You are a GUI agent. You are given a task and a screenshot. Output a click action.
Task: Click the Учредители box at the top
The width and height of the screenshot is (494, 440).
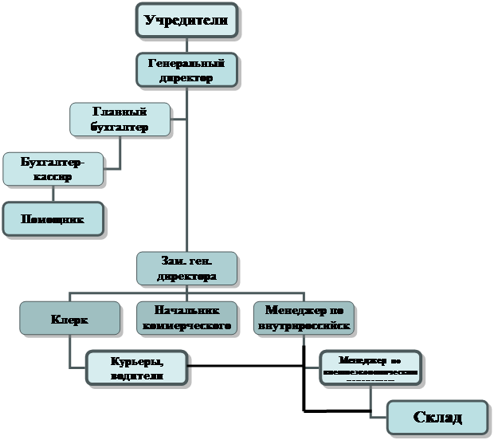click(x=186, y=20)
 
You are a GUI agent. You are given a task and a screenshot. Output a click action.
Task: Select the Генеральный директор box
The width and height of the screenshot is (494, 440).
click(x=186, y=70)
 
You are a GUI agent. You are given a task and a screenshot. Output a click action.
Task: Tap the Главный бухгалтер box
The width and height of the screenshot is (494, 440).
click(x=120, y=119)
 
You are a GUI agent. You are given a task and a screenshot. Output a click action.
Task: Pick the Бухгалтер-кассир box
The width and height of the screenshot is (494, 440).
click(x=53, y=169)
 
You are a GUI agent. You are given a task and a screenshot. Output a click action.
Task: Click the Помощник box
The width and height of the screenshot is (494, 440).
click(x=53, y=218)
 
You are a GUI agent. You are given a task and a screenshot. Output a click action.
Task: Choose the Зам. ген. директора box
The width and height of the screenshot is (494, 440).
click(x=186, y=269)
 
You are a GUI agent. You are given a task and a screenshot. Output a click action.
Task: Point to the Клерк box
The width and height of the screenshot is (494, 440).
click(x=69, y=318)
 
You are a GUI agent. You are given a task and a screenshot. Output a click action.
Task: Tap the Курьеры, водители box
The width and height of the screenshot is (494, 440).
click(x=137, y=369)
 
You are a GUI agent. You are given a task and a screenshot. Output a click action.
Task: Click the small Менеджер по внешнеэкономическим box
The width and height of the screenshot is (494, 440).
click(x=370, y=367)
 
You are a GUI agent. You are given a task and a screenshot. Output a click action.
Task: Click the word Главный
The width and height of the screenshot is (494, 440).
click(x=120, y=112)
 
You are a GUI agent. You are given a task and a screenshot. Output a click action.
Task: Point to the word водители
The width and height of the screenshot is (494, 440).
click(x=137, y=376)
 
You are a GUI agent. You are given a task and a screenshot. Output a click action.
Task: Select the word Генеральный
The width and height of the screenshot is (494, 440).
click(x=186, y=62)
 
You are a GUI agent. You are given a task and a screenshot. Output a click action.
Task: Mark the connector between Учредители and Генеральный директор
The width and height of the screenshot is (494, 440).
click(x=186, y=45)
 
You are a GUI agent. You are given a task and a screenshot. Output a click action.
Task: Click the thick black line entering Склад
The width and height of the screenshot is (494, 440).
click(x=343, y=412)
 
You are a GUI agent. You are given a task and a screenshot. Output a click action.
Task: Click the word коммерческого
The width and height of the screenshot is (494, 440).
click(x=186, y=326)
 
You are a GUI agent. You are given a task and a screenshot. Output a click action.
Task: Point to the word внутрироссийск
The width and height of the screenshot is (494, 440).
click(x=303, y=326)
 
